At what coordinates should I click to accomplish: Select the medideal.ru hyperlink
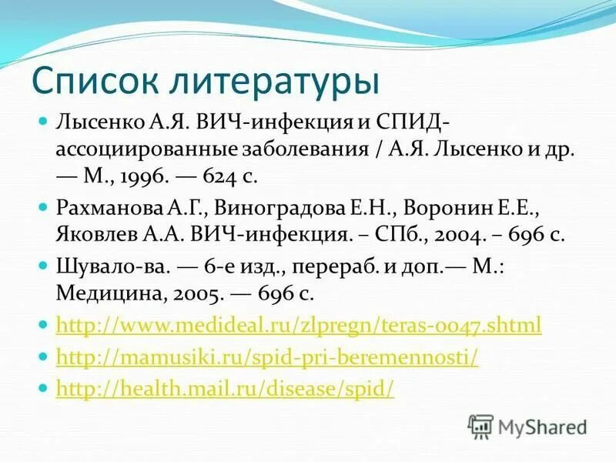(299, 325)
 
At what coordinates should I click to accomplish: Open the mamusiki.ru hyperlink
(267, 357)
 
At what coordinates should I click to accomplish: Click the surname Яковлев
(89, 234)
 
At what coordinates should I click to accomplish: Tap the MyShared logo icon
(480, 425)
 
